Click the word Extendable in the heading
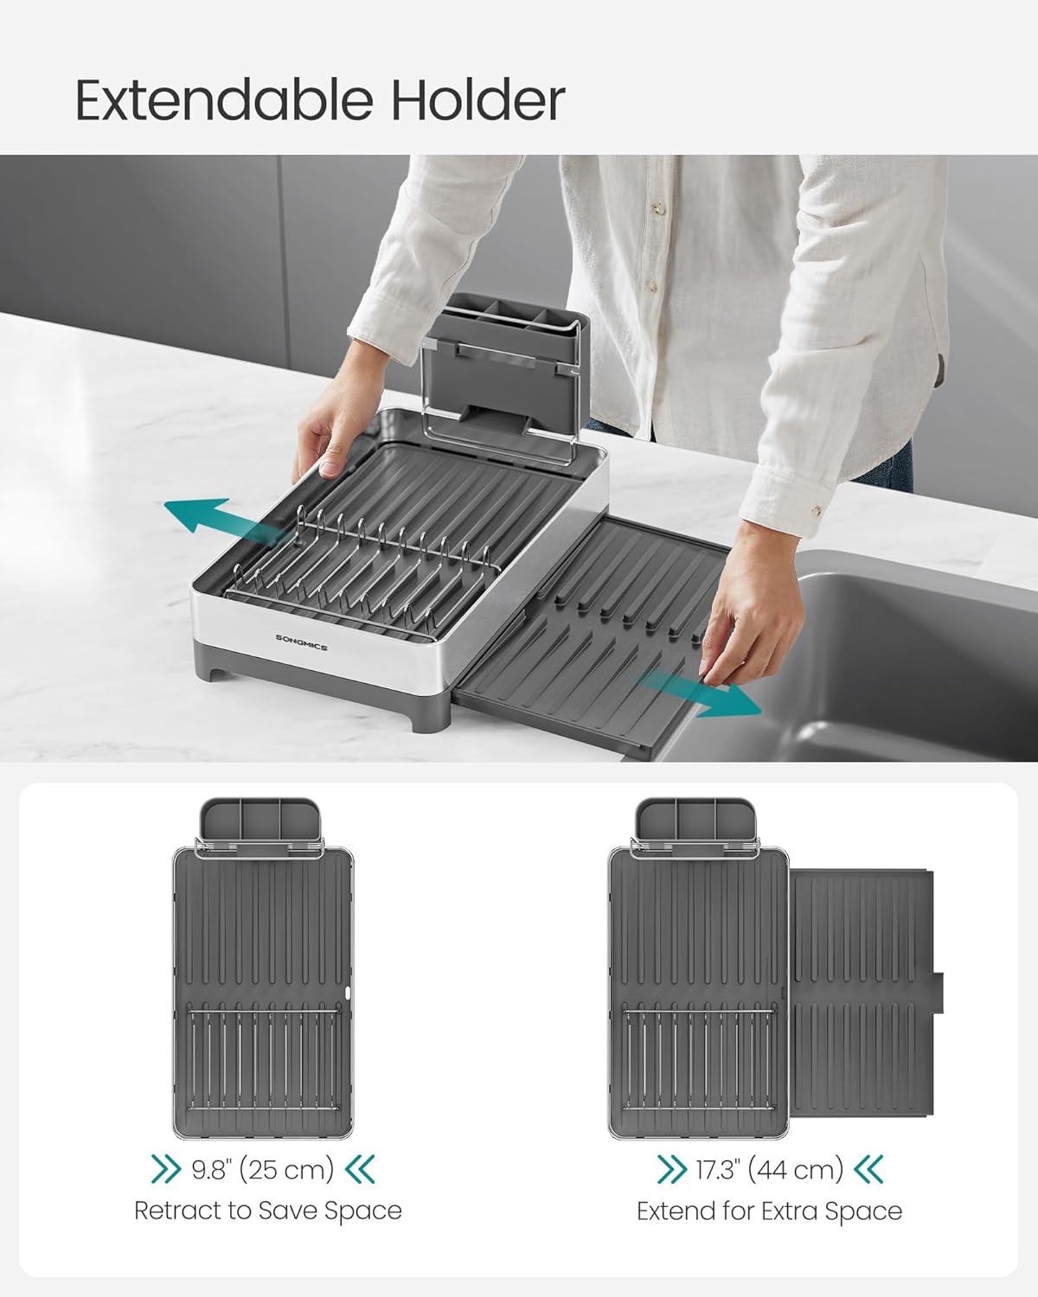[x=224, y=100]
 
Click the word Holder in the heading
[x=478, y=100]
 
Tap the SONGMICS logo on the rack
[x=302, y=642]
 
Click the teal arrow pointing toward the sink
[x=700, y=693]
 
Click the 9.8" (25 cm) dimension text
[x=262, y=1170]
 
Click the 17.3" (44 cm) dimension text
[x=769, y=1170]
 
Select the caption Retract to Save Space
[x=268, y=1211]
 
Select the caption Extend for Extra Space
[x=769, y=1211]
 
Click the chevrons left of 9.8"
[x=166, y=1170]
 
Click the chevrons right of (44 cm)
[x=869, y=1170]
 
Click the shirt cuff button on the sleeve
[x=817, y=511]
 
